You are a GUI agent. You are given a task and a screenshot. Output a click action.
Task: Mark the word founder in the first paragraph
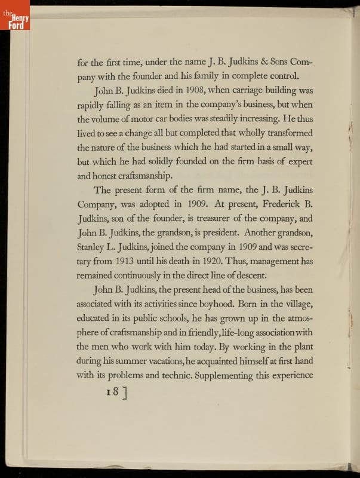[165, 76]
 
